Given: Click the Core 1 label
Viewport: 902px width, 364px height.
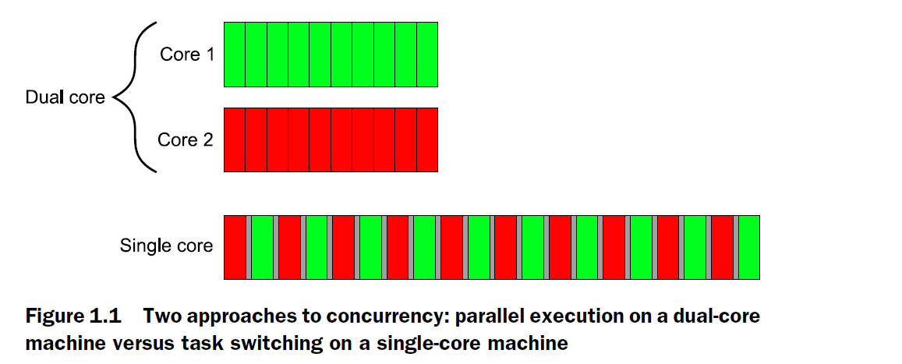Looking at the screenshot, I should point(187,55).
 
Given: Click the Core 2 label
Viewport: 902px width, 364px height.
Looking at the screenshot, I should point(186,140).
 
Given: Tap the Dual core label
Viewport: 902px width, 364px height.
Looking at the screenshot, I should point(65,98).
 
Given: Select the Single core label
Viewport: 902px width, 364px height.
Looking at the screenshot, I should point(166,246).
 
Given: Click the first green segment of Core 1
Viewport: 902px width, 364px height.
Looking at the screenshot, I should point(235,55).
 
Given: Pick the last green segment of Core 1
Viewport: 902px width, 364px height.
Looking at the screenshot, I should point(427,55).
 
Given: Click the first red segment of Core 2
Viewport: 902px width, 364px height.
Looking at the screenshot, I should point(235,140).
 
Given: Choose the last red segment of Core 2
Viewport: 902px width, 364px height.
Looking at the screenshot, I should point(427,140).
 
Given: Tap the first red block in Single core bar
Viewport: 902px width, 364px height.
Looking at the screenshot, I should point(235,247).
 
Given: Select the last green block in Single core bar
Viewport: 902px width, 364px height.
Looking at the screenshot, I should point(748,247).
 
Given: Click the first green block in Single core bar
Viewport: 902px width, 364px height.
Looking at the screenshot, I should point(262,247).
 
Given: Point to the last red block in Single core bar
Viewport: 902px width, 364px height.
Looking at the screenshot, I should point(722,247).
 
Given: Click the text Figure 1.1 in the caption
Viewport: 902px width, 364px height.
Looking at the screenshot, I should point(72,317).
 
